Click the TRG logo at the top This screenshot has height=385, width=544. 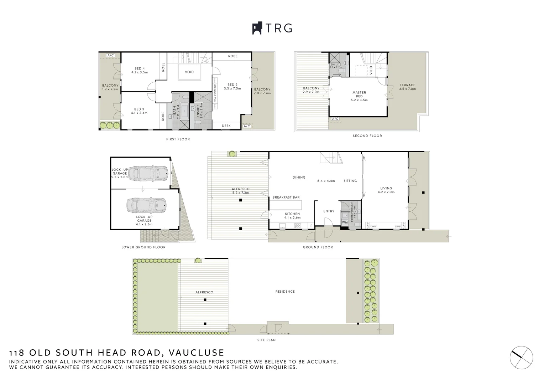[272, 28]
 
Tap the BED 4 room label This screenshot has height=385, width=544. [140, 70]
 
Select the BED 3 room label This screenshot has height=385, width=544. [139, 111]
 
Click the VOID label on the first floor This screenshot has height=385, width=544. [189, 72]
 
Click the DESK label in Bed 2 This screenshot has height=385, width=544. [226, 126]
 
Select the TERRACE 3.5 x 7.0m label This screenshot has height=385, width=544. [407, 87]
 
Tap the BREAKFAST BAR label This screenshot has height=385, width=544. [286, 197]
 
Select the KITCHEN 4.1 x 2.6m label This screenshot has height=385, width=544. [292, 216]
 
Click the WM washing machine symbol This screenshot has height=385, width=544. [344, 222]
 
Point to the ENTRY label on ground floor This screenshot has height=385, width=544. [329, 211]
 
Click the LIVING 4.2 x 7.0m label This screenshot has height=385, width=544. [386, 190]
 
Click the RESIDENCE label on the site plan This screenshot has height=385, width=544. [285, 292]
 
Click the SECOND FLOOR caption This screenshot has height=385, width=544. [367, 136]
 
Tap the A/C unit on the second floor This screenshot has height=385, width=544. [335, 119]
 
